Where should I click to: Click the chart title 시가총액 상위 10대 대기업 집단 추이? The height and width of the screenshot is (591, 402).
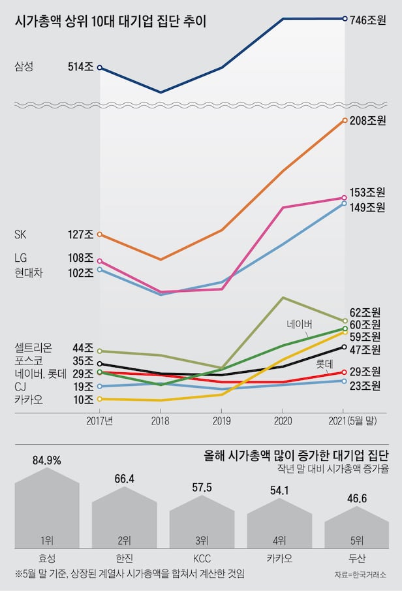[111, 22]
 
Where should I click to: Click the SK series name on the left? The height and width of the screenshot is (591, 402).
[21, 234]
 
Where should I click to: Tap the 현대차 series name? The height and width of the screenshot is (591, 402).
[28, 273]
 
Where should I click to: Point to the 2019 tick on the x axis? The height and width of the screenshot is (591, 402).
[222, 421]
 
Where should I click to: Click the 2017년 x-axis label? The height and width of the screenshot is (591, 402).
[100, 421]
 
